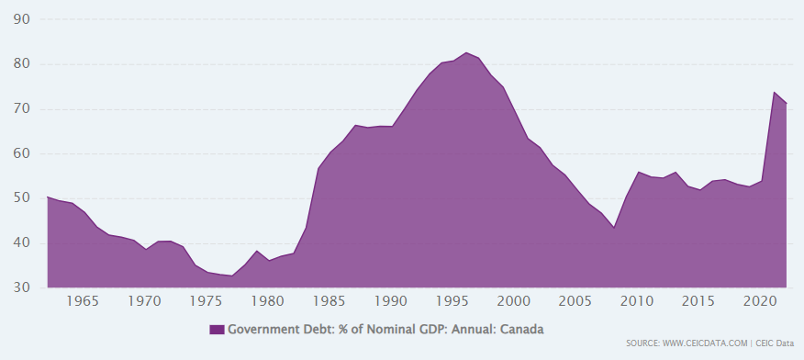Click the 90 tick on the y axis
20,19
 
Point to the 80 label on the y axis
20,64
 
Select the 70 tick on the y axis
20,109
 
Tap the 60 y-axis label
20,154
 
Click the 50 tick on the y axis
20,198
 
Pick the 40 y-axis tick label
20,243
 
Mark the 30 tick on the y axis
20,288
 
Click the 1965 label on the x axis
84,301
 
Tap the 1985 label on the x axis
330,301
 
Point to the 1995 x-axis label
453,301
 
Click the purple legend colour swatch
217,329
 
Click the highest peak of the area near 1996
466,52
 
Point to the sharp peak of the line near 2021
774,92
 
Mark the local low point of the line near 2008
614,228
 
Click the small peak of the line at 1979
257,251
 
